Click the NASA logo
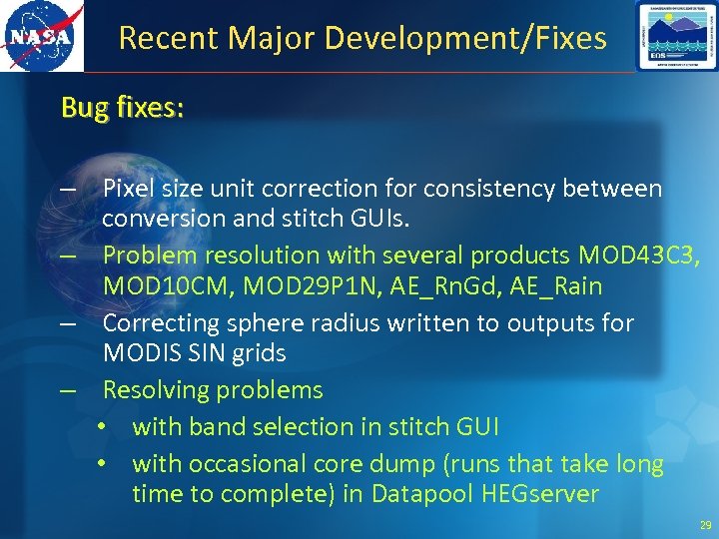[x=41, y=36]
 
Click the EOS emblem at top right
[x=675, y=36]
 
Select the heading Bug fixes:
[x=122, y=107]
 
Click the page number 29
[x=706, y=524]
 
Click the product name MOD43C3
[x=641, y=256]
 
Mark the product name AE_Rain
[x=556, y=286]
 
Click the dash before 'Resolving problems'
[x=67, y=391]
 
